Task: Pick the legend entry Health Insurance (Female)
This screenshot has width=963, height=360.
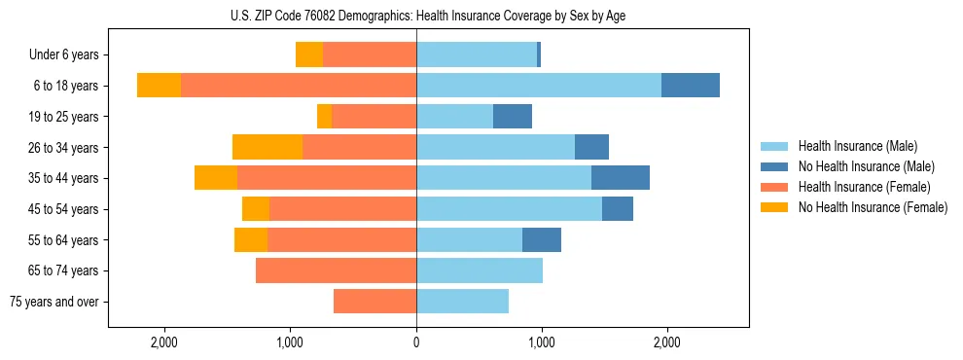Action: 864,187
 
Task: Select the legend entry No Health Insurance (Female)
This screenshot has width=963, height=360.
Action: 873,207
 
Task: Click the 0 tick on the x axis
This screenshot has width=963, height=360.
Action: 416,342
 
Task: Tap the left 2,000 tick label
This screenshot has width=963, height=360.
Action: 164,342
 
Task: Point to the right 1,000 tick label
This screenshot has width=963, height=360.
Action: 541,342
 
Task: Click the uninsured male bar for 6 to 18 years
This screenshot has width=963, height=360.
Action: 691,86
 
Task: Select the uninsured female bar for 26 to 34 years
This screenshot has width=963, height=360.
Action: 267,147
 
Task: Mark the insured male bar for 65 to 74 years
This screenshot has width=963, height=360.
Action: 480,270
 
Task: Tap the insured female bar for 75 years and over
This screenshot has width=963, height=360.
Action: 374,302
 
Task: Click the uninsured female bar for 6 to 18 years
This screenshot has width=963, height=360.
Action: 159,86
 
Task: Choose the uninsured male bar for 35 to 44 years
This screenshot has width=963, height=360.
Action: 621,178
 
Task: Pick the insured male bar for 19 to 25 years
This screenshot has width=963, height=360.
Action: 454,117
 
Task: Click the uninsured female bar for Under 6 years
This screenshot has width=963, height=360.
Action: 309,54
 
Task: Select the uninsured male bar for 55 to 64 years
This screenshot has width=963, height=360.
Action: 542,239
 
